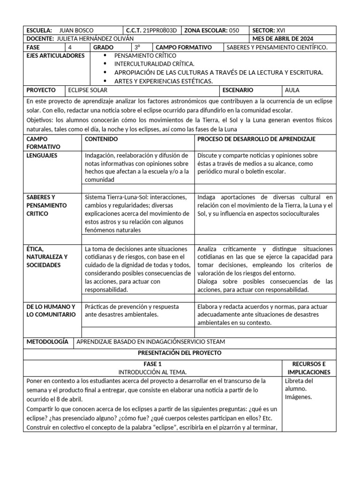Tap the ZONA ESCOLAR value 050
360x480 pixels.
pos(234,30)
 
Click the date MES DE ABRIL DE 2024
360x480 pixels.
pos(283,39)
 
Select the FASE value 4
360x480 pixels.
pos(70,47)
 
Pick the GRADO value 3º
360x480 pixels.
pos(137,47)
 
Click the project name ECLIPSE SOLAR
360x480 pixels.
pos(88,90)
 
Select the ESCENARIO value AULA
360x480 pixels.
pos(292,90)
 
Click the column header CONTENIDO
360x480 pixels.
pos(101,139)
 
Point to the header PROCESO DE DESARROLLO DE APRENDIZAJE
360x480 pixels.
pos(256,139)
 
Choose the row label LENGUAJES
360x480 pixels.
pos(42,155)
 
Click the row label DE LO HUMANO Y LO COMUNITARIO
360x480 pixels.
pos(51,310)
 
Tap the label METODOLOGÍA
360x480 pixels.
pos(47,342)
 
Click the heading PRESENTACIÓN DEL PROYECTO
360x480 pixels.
pos(180,352)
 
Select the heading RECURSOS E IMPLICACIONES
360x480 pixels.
pos(308,368)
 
